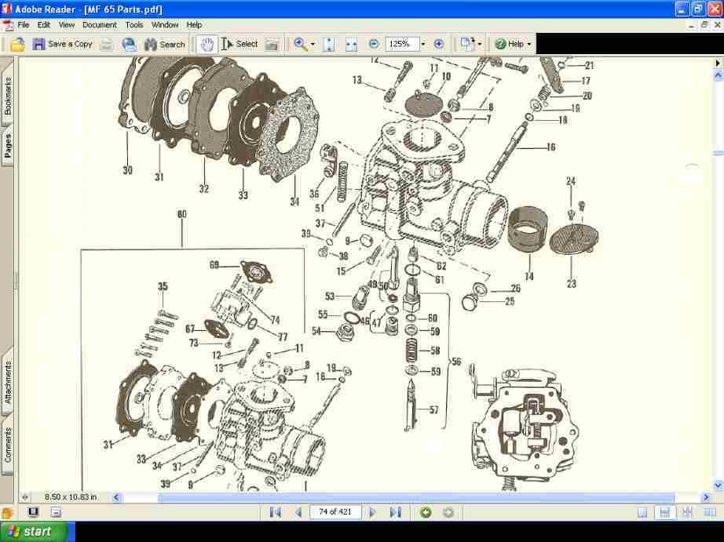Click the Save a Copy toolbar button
[x=62, y=44]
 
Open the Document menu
[x=99, y=25]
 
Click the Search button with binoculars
[x=165, y=44]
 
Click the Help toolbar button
[x=513, y=44]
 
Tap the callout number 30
[x=127, y=170]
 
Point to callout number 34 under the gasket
[x=294, y=202]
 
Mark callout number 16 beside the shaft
[x=550, y=147]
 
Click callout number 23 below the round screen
[x=571, y=284]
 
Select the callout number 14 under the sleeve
[x=529, y=276]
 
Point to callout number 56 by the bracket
[x=456, y=362]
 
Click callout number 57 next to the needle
[x=433, y=410]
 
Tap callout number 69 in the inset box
[x=214, y=265]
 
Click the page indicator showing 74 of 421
[x=335, y=511]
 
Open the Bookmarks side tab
[x=8, y=96]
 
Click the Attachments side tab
[x=8, y=382]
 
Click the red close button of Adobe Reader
[x=715, y=9]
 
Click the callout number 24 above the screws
[x=571, y=181]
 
